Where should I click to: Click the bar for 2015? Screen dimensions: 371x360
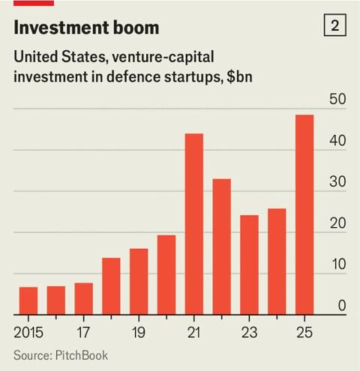(x=28, y=300)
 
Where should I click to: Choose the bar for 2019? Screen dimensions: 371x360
(x=139, y=281)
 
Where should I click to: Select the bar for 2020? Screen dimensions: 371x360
(x=166, y=274)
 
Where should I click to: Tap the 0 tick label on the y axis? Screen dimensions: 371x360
(x=341, y=305)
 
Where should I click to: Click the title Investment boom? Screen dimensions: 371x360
(x=87, y=28)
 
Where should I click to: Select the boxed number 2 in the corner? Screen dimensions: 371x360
(x=334, y=26)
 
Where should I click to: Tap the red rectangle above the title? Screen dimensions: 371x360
(x=33, y=3)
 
